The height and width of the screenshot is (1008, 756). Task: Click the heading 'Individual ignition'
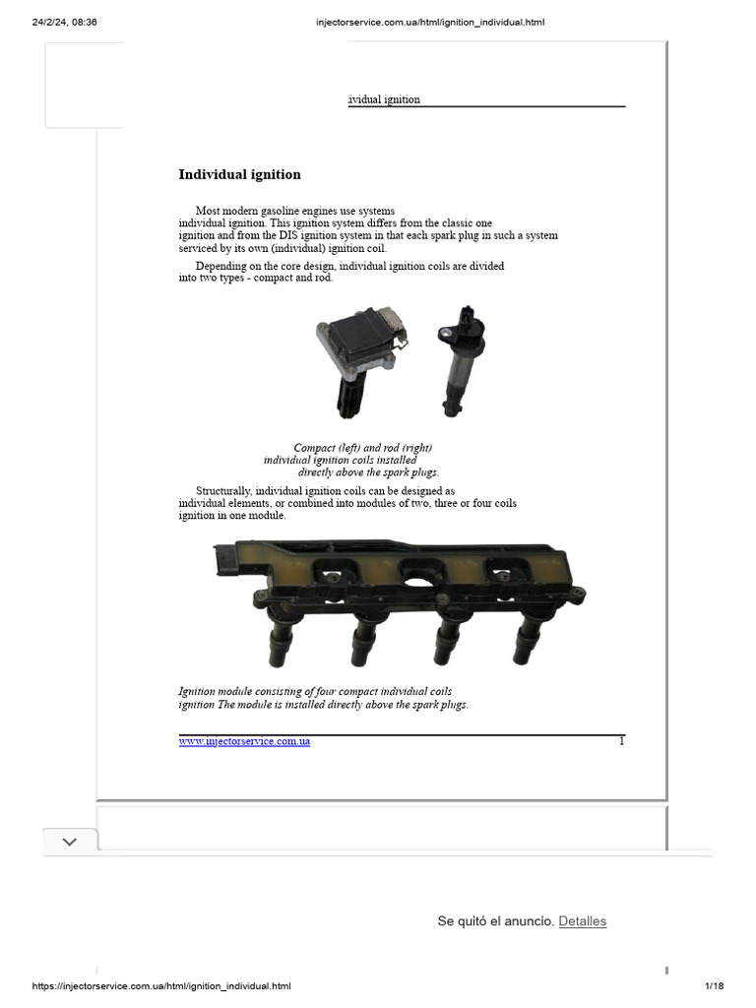pyautogui.click(x=239, y=175)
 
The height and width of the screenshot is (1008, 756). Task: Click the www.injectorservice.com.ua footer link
pyautogui.click(x=244, y=741)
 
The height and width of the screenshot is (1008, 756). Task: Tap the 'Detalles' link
pyautogui.click(x=583, y=921)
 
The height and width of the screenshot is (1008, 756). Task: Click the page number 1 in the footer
pyautogui.click(x=621, y=740)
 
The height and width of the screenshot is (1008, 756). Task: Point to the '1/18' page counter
pyautogui.click(x=714, y=986)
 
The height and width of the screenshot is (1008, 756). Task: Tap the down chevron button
pyautogui.click(x=70, y=842)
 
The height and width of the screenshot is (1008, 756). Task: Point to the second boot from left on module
pyautogui.click(x=361, y=645)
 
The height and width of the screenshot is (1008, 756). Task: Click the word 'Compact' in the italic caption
pyautogui.click(x=314, y=448)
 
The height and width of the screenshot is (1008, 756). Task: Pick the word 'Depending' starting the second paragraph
pyautogui.click(x=220, y=266)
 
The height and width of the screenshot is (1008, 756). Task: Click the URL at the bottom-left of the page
pyautogui.click(x=160, y=986)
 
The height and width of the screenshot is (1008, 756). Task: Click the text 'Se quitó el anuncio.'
pyautogui.click(x=495, y=921)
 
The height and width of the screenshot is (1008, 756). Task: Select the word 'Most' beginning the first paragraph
pyautogui.click(x=208, y=211)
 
